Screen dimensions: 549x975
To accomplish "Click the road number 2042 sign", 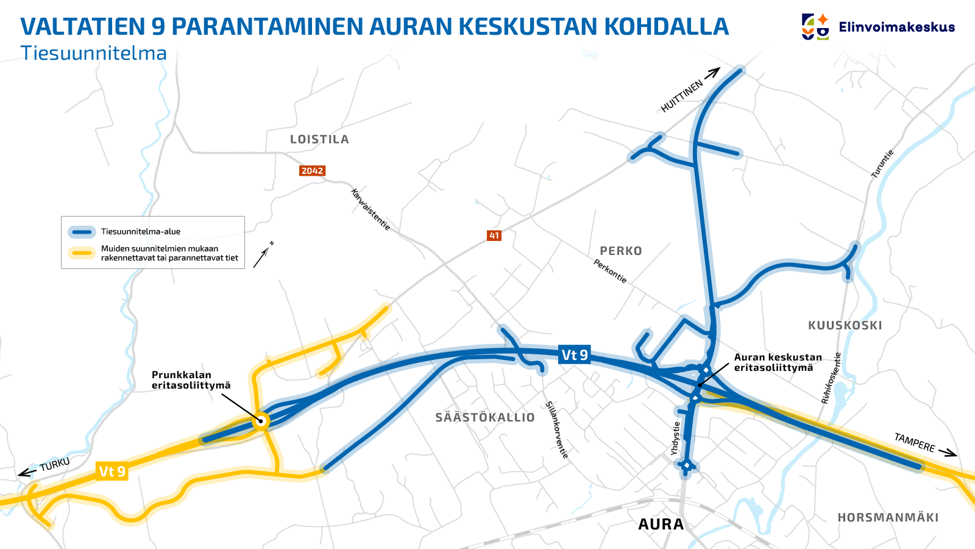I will coord(312,171).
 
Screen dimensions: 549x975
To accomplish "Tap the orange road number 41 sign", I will coord(494,235).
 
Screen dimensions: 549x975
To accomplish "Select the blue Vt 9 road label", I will coord(575,354).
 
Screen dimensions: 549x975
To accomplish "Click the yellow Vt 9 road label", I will coord(112,472).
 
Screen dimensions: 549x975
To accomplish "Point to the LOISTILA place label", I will coord(319,140).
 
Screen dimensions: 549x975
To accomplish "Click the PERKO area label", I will coord(620,251).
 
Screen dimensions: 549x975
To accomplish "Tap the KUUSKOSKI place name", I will coord(845,326).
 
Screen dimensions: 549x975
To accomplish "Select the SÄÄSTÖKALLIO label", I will coord(485,418).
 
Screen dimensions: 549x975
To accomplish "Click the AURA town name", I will coord(661,524).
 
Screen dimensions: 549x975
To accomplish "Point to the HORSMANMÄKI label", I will coord(888,518).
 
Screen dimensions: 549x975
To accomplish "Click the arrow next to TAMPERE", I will coord(948,453).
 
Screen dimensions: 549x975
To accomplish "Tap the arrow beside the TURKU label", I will coord(27,472).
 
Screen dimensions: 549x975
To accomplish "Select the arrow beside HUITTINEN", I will coord(712,73).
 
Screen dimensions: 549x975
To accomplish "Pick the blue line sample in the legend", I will coord(81,232).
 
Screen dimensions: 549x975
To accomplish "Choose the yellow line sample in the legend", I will coord(81,253).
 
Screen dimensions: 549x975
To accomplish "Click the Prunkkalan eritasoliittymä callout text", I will coord(191,380).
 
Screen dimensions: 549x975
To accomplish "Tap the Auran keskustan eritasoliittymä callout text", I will coord(778,362).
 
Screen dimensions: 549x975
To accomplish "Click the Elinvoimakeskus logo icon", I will coord(815,27).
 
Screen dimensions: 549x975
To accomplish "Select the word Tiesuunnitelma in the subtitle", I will coord(94,54).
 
